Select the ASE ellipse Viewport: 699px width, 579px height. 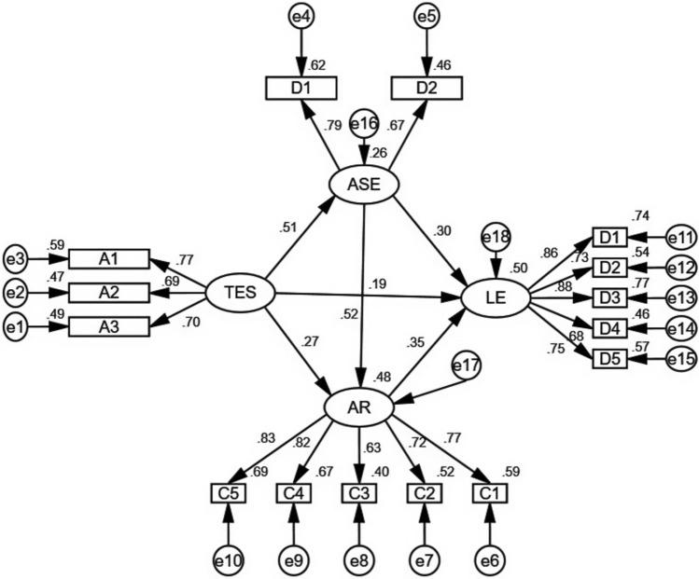pos(364,185)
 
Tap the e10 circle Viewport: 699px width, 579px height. pos(228,559)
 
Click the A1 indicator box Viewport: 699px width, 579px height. pos(109,259)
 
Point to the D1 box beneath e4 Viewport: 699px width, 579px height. pos(300,88)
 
